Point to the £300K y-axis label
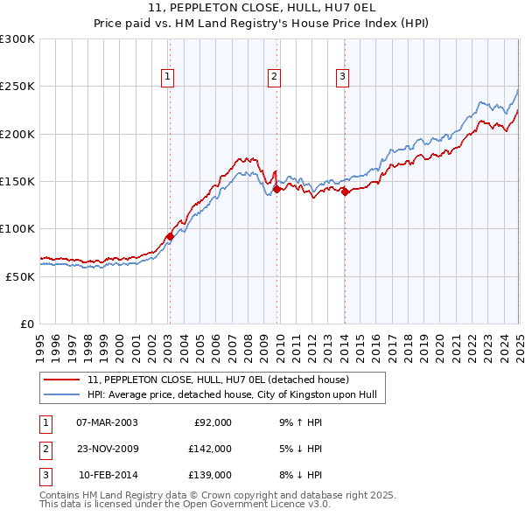click(17, 39)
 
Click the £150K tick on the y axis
click(17, 181)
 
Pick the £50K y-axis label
click(20, 275)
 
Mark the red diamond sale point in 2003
click(170, 236)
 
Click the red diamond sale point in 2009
click(276, 189)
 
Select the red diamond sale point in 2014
click(345, 192)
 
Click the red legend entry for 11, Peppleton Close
click(218, 380)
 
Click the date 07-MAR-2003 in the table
click(107, 422)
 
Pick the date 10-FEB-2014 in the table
click(108, 475)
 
